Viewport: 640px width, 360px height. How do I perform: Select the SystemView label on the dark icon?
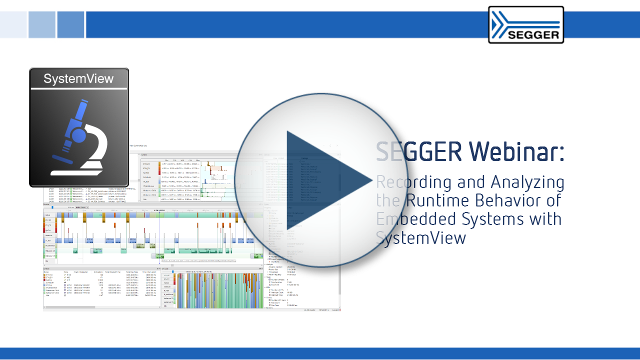coord(78,78)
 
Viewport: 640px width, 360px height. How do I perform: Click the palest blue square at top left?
coord(13,24)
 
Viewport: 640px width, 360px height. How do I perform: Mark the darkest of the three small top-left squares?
coord(70,24)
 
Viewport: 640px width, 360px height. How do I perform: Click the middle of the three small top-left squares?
coord(42,24)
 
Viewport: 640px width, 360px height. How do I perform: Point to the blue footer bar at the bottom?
coord(320,353)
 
